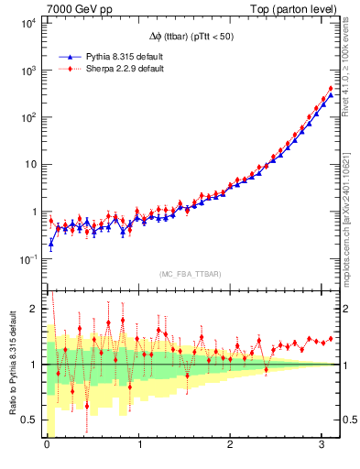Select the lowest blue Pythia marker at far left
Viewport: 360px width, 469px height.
51,243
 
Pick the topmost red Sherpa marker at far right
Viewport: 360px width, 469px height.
330,89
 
